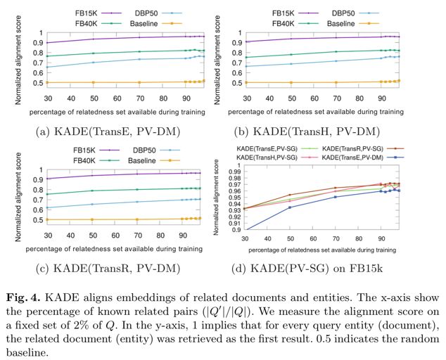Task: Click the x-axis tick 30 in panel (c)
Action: pos(48,236)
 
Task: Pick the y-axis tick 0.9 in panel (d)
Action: pos(238,230)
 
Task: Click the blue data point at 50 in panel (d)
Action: pos(289,207)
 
